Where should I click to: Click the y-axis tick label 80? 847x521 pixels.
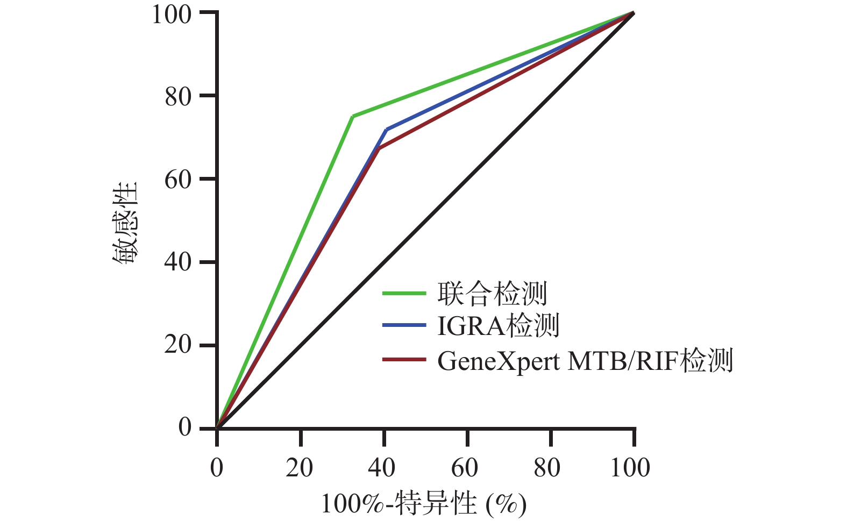point(178,97)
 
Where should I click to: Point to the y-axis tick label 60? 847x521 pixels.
point(178,180)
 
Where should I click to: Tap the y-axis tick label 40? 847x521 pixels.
point(178,263)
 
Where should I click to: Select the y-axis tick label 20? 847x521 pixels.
point(178,346)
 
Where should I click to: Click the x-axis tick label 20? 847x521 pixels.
point(300,468)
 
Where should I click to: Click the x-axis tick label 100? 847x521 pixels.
point(630,468)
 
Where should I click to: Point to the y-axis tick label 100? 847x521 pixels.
point(172,14)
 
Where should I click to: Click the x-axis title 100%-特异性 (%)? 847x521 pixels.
point(424,504)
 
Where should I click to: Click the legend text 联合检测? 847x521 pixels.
point(492,294)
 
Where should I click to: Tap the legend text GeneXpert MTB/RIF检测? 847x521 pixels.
point(585,361)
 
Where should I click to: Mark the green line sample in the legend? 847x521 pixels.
point(404,294)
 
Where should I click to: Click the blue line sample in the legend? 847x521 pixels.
point(404,325)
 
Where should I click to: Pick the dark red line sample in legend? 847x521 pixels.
point(404,359)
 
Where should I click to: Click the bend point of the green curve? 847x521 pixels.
point(352,116)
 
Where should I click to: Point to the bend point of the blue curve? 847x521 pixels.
point(386,130)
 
